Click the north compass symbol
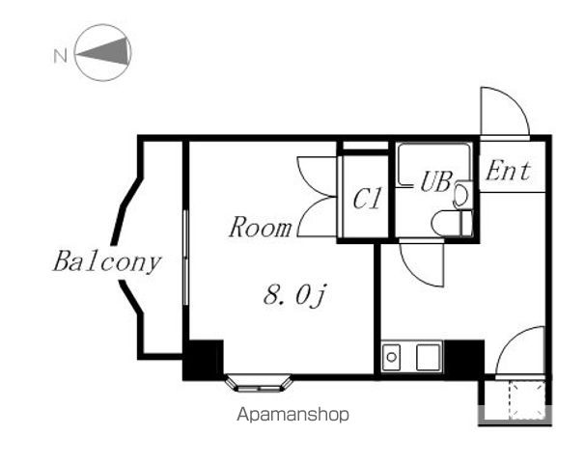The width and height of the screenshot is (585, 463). (103, 53)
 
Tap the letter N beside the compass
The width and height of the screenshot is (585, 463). (59, 55)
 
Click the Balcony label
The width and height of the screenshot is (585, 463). (106, 261)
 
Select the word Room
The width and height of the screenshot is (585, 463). (260, 229)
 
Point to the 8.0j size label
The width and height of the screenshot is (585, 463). (296, 295)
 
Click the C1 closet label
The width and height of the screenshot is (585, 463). (367, 200)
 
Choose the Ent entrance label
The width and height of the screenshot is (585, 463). (508, 172)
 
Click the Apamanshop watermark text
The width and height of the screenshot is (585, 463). (292, 415)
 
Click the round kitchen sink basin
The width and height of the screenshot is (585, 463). (392, 357)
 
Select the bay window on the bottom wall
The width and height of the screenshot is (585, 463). (259, 383)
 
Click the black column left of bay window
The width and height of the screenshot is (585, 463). (203, 359)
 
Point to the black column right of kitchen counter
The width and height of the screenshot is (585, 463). (467, 357)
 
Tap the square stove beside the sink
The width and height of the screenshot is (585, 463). (427, 357)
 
